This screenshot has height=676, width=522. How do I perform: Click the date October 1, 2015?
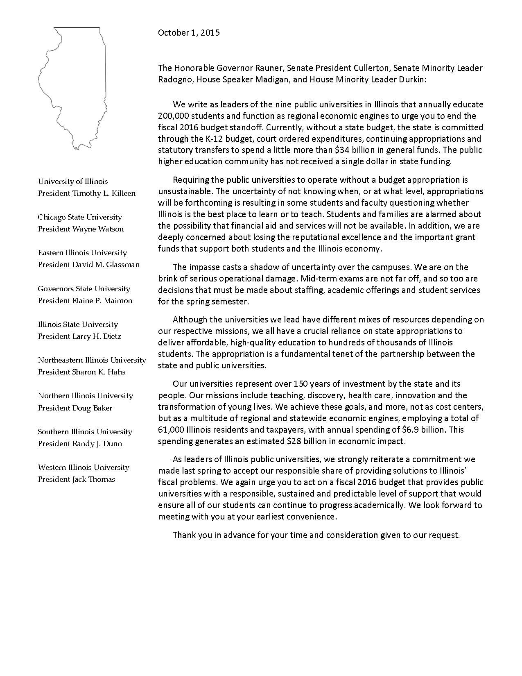189,33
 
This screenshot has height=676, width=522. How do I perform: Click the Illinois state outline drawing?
74,86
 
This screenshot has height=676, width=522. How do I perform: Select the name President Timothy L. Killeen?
87,193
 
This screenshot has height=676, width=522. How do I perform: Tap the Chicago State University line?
80,217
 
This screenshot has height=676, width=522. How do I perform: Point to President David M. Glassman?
89,265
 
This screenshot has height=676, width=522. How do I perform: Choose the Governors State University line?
84,289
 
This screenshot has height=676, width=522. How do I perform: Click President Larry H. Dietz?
80,336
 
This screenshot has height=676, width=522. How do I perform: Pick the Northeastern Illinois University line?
92,360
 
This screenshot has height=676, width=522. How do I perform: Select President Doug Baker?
75,408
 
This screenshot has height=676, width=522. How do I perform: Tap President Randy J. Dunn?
80,444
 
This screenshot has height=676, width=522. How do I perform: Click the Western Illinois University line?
84,467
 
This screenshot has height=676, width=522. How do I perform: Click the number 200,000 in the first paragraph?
174,116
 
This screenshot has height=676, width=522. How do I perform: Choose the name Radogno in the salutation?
176,79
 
